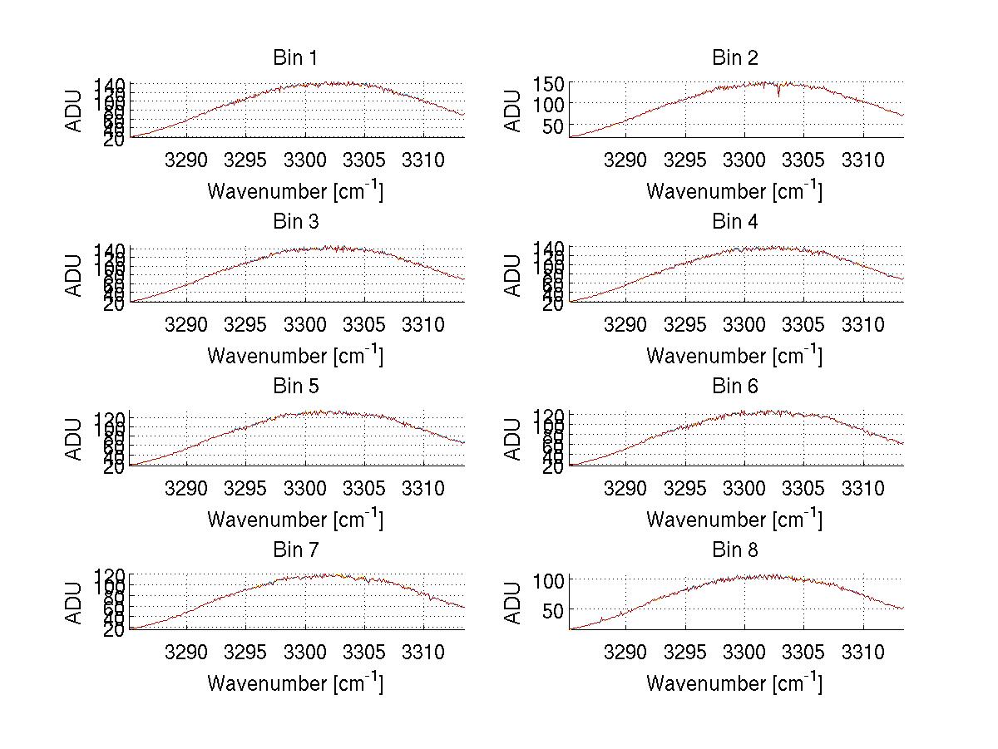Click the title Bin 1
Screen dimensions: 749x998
click(x=295, y=58)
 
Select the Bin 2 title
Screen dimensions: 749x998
click(x=735, y=58)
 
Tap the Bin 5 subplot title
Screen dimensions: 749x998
click(x=295, y=387)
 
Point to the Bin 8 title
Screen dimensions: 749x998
click(x=735, y=550)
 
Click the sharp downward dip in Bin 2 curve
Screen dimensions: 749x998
click(x=778, y=94)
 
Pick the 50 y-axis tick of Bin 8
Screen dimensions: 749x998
click(x=554, y=610)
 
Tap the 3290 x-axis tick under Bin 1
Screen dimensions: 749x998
click(x=186, y=160)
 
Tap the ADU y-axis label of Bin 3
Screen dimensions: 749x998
click(x=75, y=275)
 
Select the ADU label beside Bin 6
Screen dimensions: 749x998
click(x=514, y=439)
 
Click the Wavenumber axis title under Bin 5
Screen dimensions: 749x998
click(x=295, y=520)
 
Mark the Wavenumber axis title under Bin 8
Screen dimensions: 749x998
click(x=734, y=683)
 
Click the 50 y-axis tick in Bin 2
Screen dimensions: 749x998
click(x=554, y=126)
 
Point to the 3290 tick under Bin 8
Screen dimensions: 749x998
click(x=625, y=652)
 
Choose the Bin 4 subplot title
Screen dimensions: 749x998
click(x=735, y=222)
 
